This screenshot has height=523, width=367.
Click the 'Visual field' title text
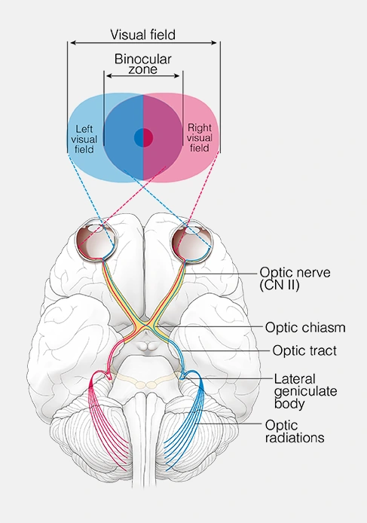[142, 35]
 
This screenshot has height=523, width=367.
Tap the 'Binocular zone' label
[142, 64]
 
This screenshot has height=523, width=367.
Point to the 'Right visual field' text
[200, 139]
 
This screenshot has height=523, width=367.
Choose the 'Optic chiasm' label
[305, 328]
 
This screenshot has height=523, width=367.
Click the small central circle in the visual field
[143, 138]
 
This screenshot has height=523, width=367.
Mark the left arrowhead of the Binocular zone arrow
[107, 76]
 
